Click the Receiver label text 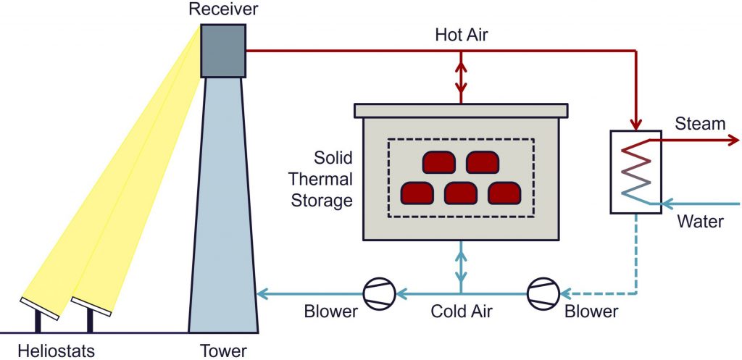222,10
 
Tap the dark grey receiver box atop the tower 223,50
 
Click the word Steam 700,125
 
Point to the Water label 700,221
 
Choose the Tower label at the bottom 224,351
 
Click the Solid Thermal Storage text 322,179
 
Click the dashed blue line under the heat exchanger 635,254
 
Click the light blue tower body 223,217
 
